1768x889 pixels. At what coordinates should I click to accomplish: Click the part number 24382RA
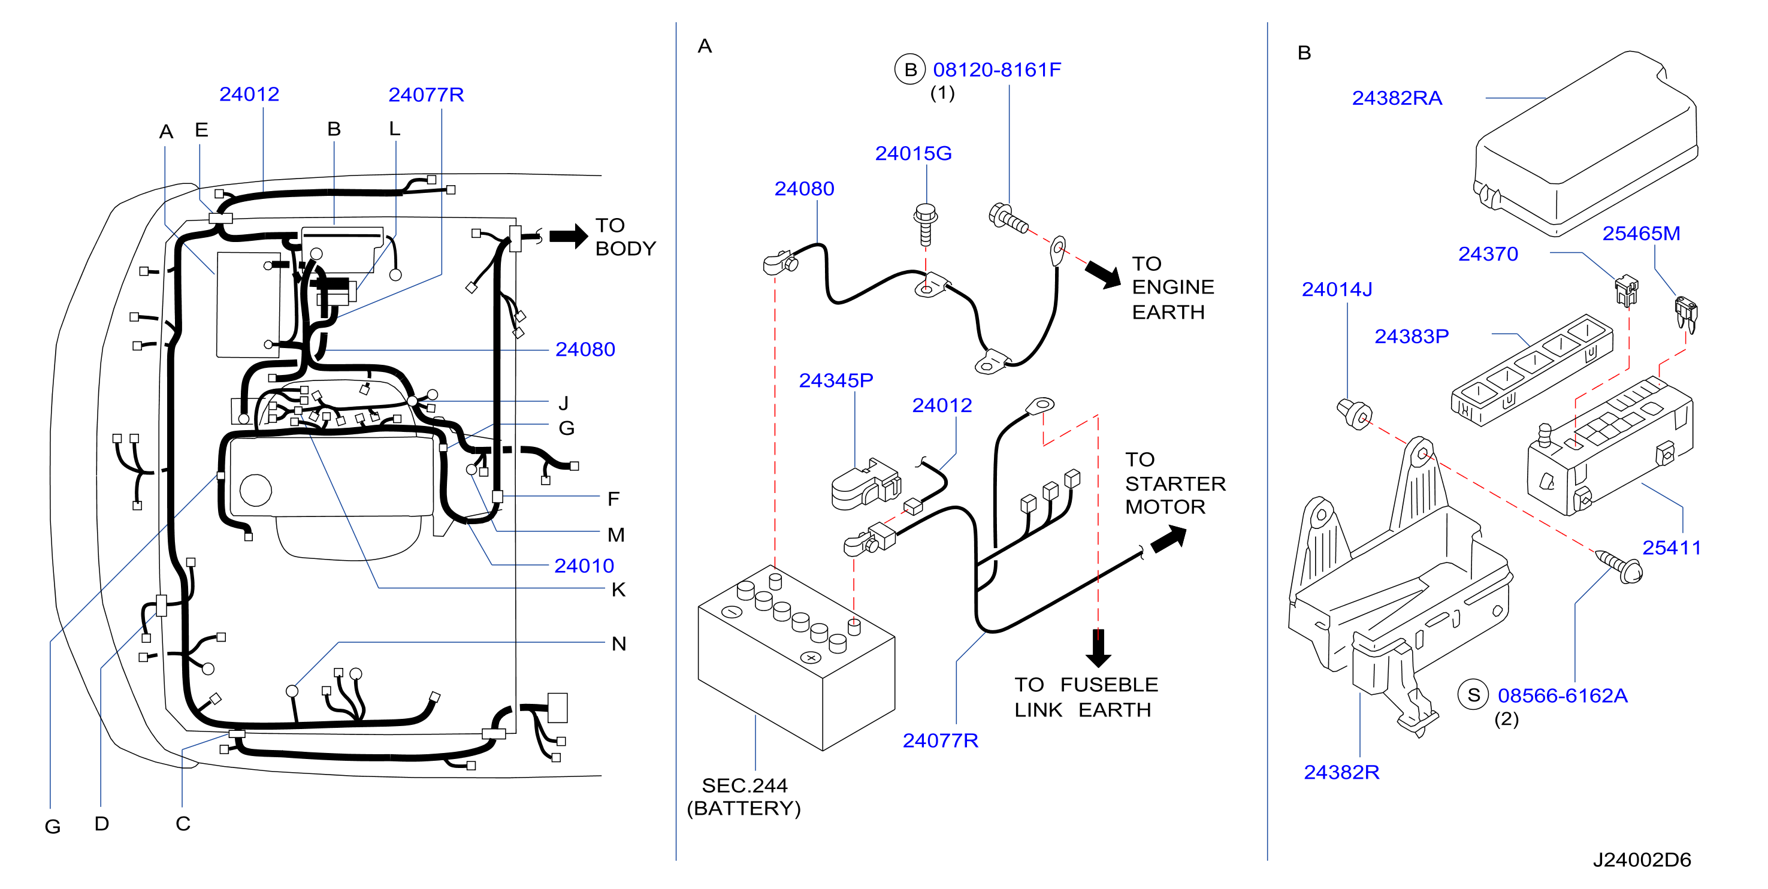tap(1397, 98)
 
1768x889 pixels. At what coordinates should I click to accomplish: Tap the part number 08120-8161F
tap(996, 69)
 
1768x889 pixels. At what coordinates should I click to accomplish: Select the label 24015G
tap(913, 153)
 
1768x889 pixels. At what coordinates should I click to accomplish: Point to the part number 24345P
tap(836, 380)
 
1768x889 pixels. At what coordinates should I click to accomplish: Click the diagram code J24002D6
tap(1642, 860)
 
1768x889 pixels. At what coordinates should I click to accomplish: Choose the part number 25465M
tap(1641, 234)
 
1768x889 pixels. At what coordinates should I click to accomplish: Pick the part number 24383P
tap(1411, 337)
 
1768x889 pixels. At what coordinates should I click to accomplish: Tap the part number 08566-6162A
tap(1562, 696)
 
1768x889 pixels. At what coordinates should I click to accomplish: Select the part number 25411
tap(1671, 548)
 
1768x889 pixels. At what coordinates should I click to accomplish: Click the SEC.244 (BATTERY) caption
tap(744, 796)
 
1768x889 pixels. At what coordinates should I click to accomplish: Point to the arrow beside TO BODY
tap(569, 236)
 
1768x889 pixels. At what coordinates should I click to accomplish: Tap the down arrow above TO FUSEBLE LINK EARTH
tap(1098, 648)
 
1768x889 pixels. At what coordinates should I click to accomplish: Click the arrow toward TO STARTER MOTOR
tap(1168, 539)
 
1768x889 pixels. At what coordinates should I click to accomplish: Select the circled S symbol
tap(1473, 696)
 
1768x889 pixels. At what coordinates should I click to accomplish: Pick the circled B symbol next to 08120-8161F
tap(910, 69)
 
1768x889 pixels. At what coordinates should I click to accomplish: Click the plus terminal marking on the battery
tap(811, 658)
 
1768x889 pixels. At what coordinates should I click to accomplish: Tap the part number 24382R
tap(1341, 772)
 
